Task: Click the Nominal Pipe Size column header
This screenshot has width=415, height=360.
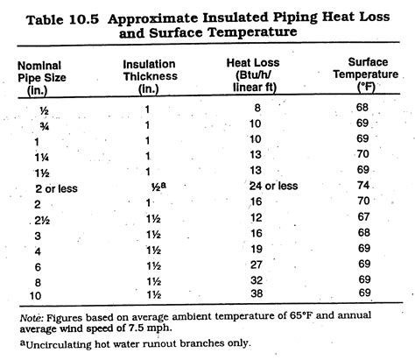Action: tap(42, 78)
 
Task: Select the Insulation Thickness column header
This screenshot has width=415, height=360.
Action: tap(150, 76)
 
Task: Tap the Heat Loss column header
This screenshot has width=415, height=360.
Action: tap(253, 75)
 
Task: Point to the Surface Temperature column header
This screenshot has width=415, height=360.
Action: tap(366, 74)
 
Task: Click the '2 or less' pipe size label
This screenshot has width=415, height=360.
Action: tap(56, 188)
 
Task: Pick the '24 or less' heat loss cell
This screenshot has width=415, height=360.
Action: tap(273, 186)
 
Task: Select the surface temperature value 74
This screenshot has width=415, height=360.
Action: tap(363, 185)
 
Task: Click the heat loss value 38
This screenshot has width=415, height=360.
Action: tap(257, 293)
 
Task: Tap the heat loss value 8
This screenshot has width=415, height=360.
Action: tap(257, 108)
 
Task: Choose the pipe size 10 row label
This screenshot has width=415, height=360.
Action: tap(35, 296)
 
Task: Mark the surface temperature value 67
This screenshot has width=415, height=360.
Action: tap(363, 216)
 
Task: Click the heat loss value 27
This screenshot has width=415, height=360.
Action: tap(256, 265)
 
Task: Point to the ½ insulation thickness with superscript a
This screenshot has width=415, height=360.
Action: tap(158, 187)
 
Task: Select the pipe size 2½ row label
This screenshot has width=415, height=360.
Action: tap(42, 220)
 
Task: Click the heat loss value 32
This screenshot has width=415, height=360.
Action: tap(257, 280)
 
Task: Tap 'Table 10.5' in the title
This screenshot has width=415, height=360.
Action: tap(62, 20)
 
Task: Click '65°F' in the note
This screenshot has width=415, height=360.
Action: tap(302, 315)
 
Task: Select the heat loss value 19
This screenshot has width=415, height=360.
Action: tap(256, 249)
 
